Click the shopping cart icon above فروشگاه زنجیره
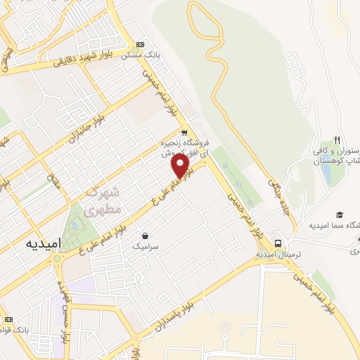pos(184,132)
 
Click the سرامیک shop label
pos(145,247)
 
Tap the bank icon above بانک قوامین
pos(8,319)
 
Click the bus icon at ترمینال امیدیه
pos(279,243)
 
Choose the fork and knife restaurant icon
pos(337,141)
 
